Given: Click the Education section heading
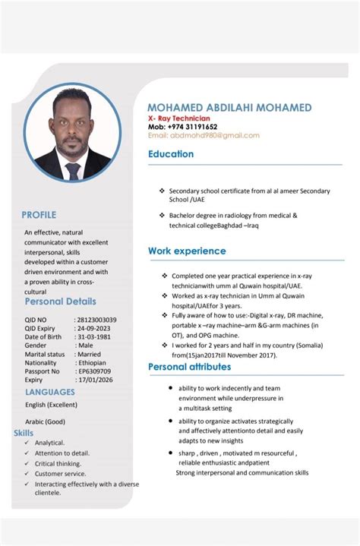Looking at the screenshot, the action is pyautogui.click(x=171, y=154).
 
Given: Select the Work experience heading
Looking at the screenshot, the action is pyautogui.click(x=187, y=251).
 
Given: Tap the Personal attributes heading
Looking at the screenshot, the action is pyautogui.click(x=189, y=367).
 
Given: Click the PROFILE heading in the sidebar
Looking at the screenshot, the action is pyautogui.click(x=39, y=215).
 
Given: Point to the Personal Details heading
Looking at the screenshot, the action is pyautogui.click(x=60, y=301).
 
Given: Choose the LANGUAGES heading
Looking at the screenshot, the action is pyautogui.click(x=50, y=392).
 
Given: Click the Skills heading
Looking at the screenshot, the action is pyautogui.click(x=23, y=433).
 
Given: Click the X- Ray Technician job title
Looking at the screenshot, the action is pyautogui.click(x=178, y=118).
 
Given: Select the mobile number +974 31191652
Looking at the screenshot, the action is pyautogui.click(x=192, y=127).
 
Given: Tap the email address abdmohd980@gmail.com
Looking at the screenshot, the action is pyautogui.click(x=204, y=135).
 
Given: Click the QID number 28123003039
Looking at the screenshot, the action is pyautogui.click(x=96, y=320).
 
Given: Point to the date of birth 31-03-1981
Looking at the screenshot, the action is pyautogui.click(x=93, y=336).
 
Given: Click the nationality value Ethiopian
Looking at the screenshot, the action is pyautogui.click(x=92, y=362).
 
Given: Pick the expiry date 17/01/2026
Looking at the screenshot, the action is pyautogui.click(x=93, y=379).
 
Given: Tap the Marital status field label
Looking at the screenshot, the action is pyautogui.click(x=45, y=354).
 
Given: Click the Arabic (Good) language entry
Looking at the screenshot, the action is pyautogui.click(x=45, y=421).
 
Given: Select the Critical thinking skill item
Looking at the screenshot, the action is pyautogui.click(x=58, y=463).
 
